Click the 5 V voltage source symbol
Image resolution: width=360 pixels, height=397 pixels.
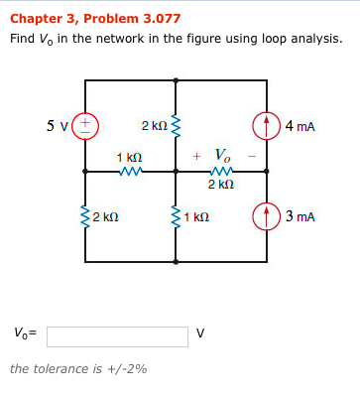tap(86, 125)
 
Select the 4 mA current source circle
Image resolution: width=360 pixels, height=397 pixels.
tap(265, 125)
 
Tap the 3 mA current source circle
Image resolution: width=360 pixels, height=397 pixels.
tap(265, 215)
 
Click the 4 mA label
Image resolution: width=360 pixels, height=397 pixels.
tap(300, 126)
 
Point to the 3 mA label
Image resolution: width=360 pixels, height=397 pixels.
tap(300, 215)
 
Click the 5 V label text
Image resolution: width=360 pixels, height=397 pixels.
tap(58, 125)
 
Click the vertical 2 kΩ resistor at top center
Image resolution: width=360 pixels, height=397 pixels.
tap(177, 126)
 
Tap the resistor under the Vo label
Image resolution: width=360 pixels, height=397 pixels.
tap(220, 171)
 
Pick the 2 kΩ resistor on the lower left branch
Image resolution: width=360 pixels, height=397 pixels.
tap(86, 215)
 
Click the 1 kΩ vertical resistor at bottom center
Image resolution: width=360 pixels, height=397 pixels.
tap(177, 215)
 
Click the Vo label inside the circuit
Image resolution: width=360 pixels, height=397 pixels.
tap(223, 156)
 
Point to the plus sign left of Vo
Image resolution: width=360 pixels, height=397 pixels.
tap(197, 156)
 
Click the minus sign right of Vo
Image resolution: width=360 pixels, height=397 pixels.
tap(252, 156)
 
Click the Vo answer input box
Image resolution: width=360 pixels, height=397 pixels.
tap(117, 334)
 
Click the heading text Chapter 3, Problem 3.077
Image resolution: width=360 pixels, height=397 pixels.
tap(95, 18)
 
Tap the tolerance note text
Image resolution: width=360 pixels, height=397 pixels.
tap(77, 369)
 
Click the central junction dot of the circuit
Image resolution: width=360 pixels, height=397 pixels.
tap(177, 171)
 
